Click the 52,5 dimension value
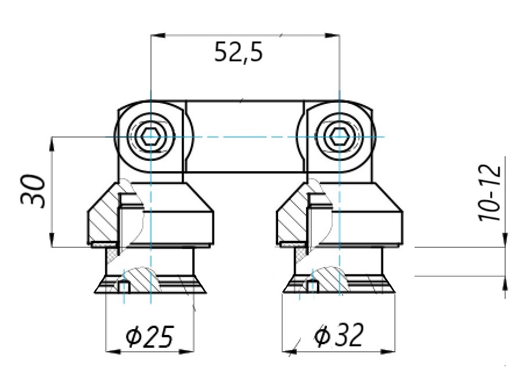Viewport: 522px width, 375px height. click(x=238, y=53)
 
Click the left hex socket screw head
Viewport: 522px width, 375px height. click(x=150, y=136)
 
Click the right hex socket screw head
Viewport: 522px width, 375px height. click(x=338, y=136)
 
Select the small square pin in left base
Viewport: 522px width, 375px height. click(x=123, y=286)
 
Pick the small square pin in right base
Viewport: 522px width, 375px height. click(x=312, y=286)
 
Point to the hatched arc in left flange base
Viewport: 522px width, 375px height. click(x=142, y=278)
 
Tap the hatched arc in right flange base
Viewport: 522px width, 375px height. click(x=331, y=278)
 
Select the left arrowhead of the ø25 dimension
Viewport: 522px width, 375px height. click(x=110, y=351)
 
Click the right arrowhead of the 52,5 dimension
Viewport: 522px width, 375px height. click(x=334, y=35)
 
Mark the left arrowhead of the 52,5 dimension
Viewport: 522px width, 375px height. click(x=155, y=35)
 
